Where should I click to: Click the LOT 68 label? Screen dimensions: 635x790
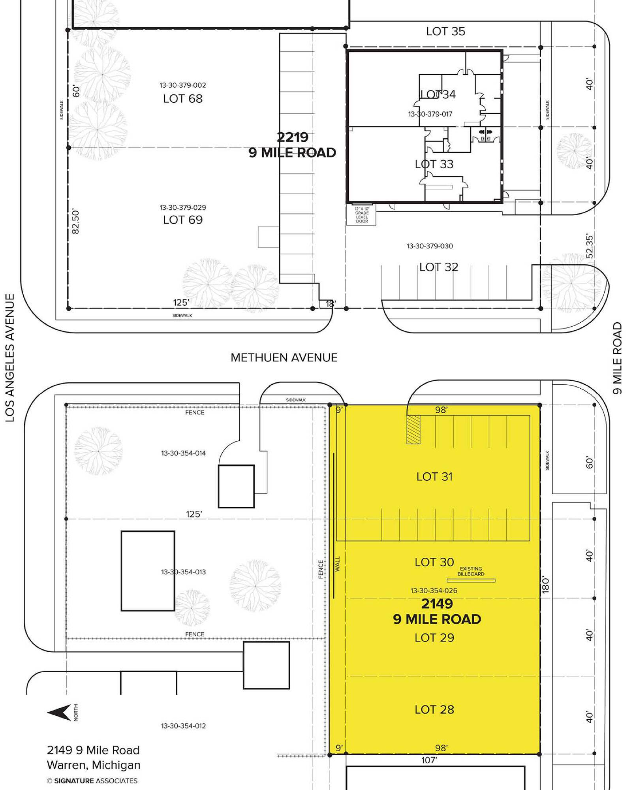pyautogui.click(x=183, y=98)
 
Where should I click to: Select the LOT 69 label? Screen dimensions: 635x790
pyautogui.click(x=183, y=220)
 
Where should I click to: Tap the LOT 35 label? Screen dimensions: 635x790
pyautogui.click(x=445, y=31)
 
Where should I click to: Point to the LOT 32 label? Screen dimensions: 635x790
pyautogui.click(x=439, y=267)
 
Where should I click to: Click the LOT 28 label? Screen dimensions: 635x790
pyautogui.click(x=434, y=709)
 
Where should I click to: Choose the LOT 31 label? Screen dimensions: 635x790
pyautogui.click(x=434, y=476)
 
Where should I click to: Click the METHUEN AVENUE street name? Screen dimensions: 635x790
pyautogui.click(x=284, y=357)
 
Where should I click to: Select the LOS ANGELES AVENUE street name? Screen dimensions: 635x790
pyautogui.click(x=10, y=357)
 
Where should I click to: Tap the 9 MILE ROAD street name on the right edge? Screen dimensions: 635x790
pyautogui.click(x=617, y=358)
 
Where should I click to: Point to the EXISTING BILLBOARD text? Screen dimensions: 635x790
pyautogui.click(x=471, y=571)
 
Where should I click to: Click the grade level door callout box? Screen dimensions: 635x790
pyautogui.click(x=361, y=214)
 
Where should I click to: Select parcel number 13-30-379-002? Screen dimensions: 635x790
pyautogui.click(x=183, y=85)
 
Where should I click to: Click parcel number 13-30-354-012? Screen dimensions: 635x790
pyautogui.click(x=183, y=726)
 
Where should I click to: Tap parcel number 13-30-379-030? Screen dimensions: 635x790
pyautogui.click(x=430, y=246)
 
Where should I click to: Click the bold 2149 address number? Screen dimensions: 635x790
pyautogui.click(x=437, y=604)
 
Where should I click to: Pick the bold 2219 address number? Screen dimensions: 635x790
pyautogui.click(x=292, y=137)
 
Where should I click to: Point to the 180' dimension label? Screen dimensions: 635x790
pyautogui.click(x=545, y=585)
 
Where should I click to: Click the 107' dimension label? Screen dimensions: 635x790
pyautogui.click(x=429, y=760)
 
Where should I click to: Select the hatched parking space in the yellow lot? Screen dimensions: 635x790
pyautogui.click(x=413, y=429)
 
